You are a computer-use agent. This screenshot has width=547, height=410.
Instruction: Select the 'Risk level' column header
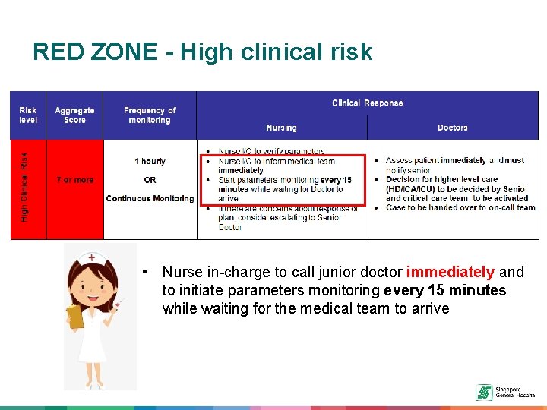(x=28, y=115)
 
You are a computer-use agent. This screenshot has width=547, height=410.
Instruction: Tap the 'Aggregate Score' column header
(x=74, y=115)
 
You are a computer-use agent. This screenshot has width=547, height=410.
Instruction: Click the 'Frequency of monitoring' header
(x=150, y=115)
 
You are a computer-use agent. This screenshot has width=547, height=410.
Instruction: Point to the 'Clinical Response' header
(x=368, y=102)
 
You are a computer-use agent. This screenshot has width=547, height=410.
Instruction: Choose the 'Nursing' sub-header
(x=281, y=128)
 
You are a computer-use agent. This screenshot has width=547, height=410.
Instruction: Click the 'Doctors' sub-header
(x=453, y=128)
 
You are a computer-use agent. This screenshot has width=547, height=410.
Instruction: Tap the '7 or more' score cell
(x=75, y=180)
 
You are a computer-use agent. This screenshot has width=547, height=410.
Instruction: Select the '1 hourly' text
(x=150, y=161)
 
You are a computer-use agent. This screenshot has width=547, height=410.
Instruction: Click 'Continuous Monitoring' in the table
(x=150, y=198)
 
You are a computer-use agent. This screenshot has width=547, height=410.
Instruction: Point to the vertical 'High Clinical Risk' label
(x=24, y=188)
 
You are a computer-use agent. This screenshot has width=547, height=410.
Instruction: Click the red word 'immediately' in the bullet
(x=451, y=272)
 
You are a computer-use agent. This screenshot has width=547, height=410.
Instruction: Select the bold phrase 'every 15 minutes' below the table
(x=445, y=290)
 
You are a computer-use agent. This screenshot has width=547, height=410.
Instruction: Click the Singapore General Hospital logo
(x=483, y=392)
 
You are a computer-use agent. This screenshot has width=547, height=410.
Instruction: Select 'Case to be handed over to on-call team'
(x=460, y=207)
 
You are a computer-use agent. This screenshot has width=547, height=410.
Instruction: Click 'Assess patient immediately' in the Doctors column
(x=436, y=161)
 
